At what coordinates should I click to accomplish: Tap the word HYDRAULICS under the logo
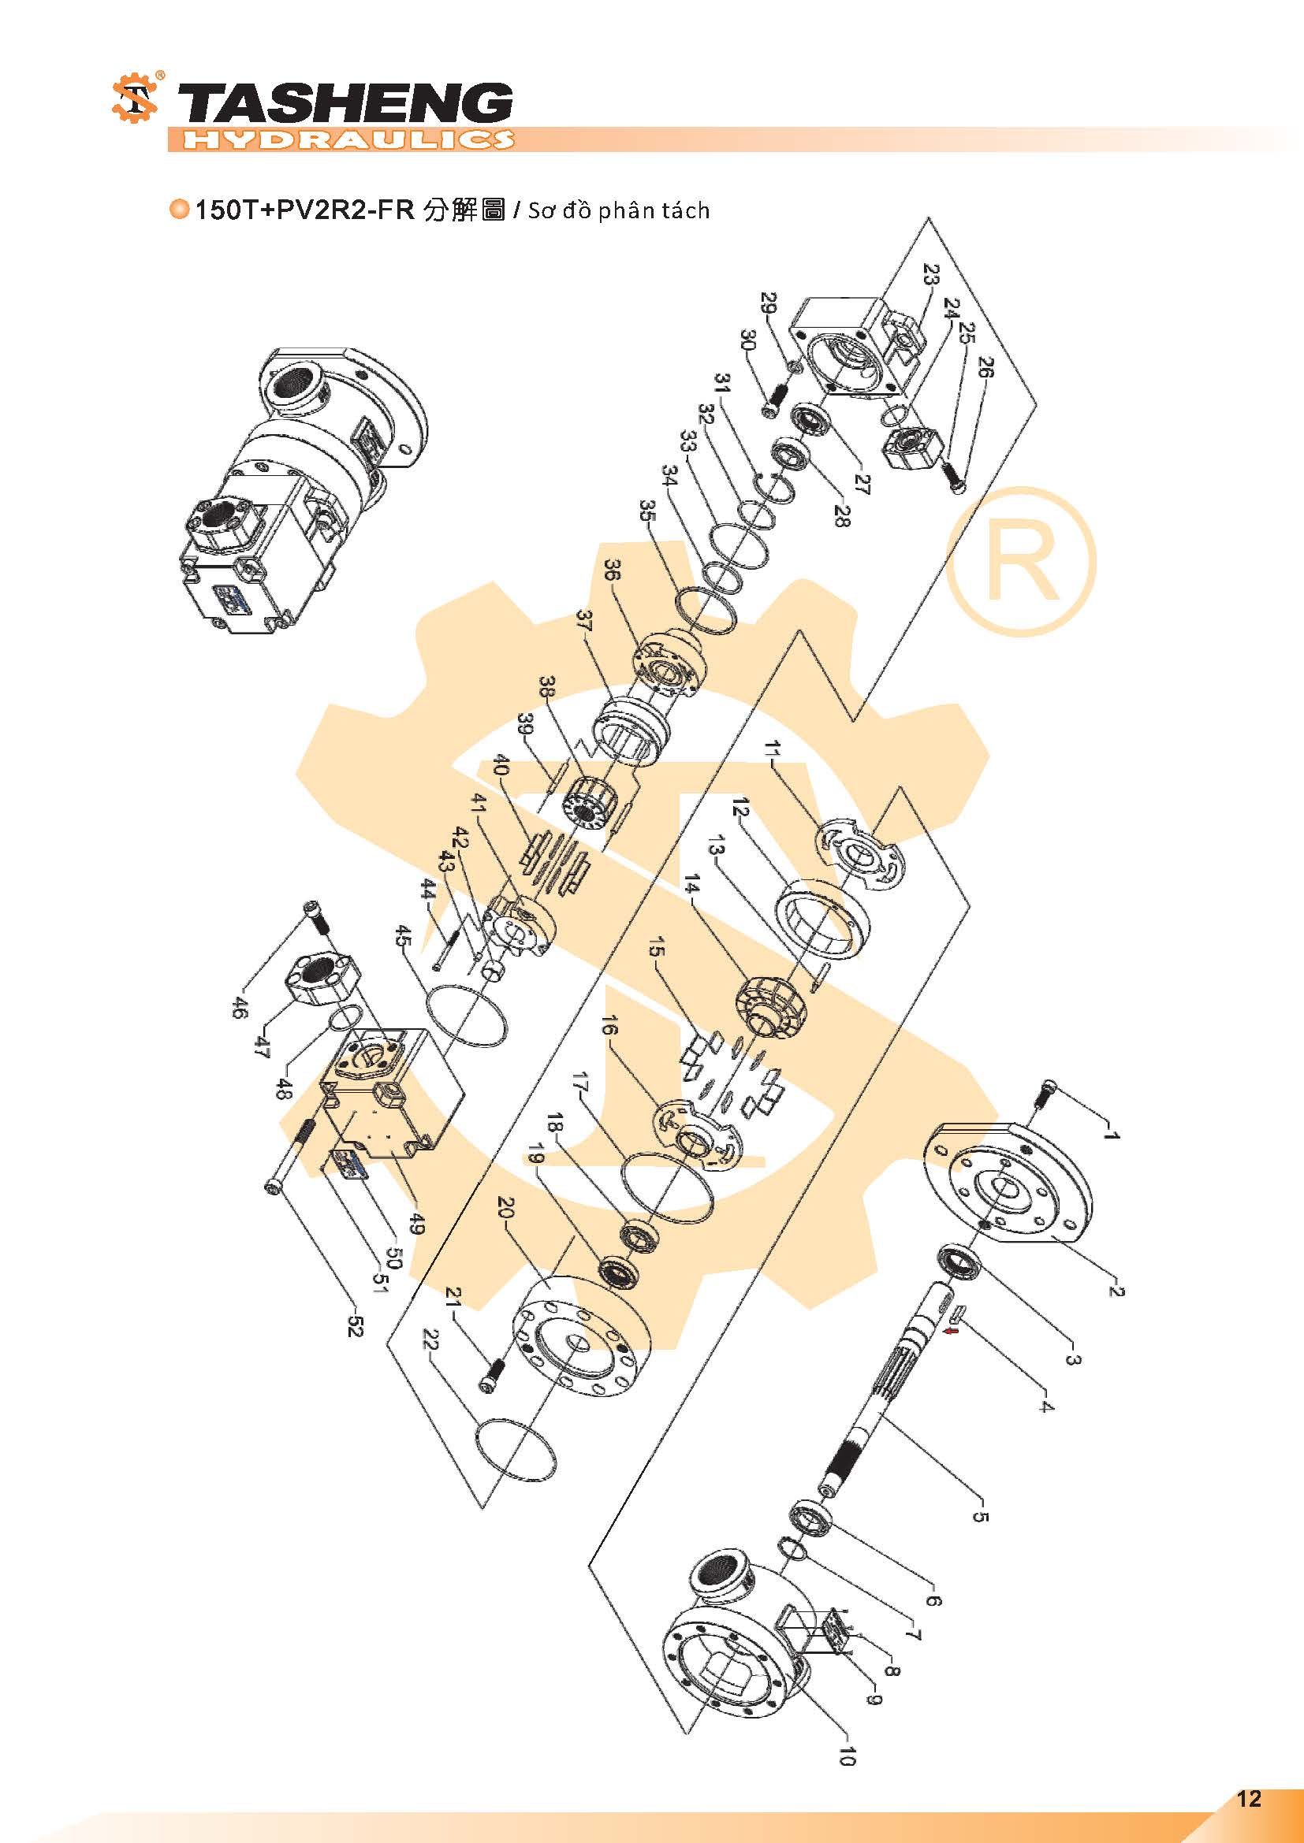pyautogui.click(x=347, y=139)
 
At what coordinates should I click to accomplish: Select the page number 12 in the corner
pyautogui.click(x=1250, y=1798)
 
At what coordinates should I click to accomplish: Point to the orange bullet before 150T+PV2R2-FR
pyautogui.click(x=180, y=210)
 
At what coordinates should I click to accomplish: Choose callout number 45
pyautogui.click(x=404, y=937)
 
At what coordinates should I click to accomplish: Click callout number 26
pyautogui.click(x=985, y=368)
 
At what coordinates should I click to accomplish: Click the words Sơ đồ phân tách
pyautogui.click(x=618, y=211)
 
